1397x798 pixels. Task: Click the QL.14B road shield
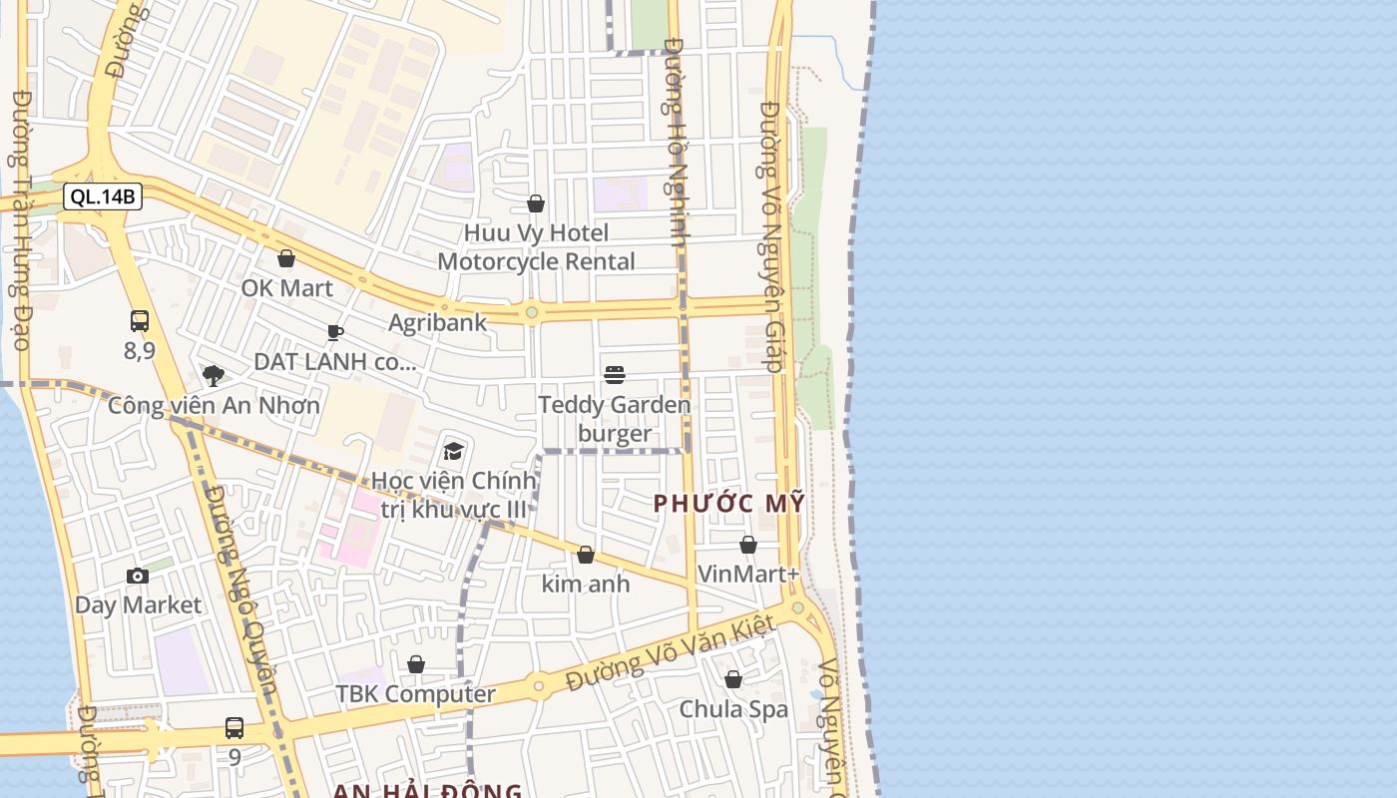[103, 197]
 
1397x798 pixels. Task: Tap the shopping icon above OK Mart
[286, 259]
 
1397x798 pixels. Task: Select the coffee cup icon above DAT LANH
[335, 332]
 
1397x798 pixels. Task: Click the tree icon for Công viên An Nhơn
[213, 376]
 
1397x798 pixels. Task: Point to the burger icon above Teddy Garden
[615, 375]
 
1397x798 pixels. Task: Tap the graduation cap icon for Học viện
[454, 451]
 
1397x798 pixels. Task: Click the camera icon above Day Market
[138, 576]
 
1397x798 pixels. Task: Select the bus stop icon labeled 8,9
[140, 321]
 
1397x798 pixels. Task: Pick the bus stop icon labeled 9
[234, 728]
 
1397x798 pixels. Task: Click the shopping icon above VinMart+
[748, 545]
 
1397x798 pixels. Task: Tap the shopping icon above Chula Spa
[733, 679]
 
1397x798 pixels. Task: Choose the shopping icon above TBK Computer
[416, 664]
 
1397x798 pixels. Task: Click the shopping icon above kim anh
[586, 555]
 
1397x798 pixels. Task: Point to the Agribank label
[437, 322]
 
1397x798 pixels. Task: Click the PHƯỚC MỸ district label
[728, 504]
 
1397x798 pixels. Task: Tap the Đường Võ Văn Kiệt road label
[670, 653]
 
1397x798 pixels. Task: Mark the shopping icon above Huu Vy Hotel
[536, 204]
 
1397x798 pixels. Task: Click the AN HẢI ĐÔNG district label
[427, 791]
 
